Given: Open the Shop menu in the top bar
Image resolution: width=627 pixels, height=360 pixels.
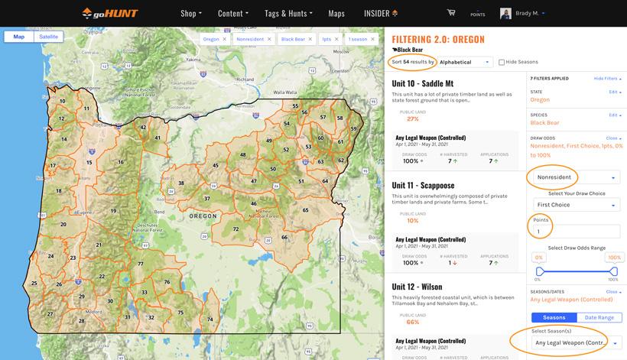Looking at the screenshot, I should tap(191, 13).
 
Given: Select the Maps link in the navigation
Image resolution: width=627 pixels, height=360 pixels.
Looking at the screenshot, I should tap(336, 13).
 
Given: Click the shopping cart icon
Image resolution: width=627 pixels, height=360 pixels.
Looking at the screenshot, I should tap(451, 12).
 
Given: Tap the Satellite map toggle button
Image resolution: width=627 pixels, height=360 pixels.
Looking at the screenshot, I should tap(49, 37).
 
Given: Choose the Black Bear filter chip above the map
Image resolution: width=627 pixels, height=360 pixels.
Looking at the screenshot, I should tap(296, 38).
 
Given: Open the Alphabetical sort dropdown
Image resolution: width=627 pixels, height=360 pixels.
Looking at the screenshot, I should tap(465, 62).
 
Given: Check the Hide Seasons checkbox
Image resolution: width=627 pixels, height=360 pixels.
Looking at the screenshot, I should tap(502, 62).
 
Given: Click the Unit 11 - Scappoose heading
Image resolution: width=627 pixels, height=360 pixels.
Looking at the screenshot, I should tap(423, 185).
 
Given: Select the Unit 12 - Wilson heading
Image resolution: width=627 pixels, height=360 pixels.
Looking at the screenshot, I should tap(417, 287).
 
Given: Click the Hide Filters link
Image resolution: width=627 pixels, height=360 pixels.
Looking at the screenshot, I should tap(606, 78).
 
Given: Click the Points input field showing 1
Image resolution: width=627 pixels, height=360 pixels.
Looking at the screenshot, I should tap(576, 231).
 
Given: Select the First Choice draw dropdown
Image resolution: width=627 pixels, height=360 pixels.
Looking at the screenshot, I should tap(576, 205).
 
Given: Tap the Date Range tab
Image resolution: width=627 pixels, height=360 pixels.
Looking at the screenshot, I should tap(599, 317).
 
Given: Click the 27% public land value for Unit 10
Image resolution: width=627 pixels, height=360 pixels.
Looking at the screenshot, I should tap(412, 118).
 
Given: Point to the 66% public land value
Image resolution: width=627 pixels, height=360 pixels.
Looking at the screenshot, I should tap(412, 322).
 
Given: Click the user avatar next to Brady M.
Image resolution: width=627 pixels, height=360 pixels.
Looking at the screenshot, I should tap(505, 13).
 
